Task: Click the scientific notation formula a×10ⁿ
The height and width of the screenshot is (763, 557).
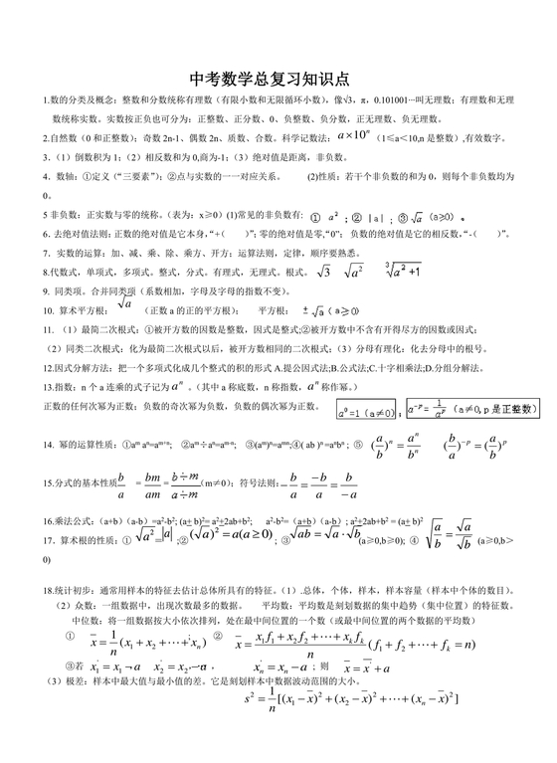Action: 355,133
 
